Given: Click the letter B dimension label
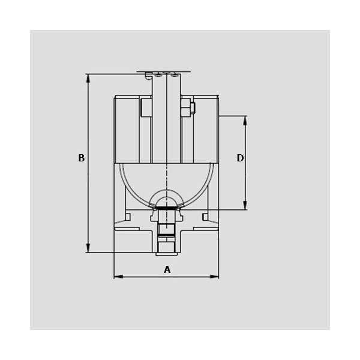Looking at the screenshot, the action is click(81, 158).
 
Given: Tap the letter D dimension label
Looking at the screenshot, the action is click(240, 158).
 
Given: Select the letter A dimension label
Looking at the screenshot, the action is click(167, 269).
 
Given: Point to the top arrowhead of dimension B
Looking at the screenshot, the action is click(88, 78).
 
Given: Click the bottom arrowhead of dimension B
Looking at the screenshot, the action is click(88, 248).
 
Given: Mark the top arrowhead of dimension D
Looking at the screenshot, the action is click(245, 121).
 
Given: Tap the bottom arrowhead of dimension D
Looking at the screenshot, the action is click(245, 205).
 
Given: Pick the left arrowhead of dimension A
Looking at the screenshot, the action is click(118, 277).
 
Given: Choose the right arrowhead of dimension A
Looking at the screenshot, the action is click(214, 277).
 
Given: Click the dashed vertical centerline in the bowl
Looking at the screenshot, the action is click(167, 184).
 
